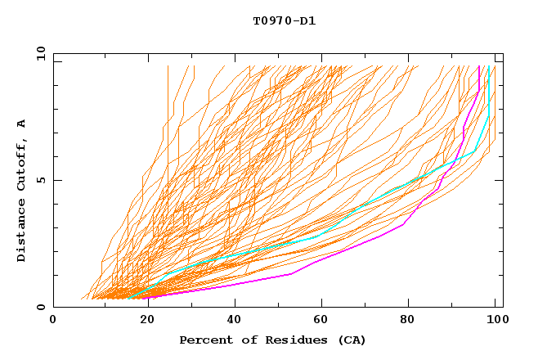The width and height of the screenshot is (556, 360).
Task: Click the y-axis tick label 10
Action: [x=40, y=53]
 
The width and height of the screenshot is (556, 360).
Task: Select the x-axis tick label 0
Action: [x=53, y=321]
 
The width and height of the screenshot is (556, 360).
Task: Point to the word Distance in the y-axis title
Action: [x=21, y=231]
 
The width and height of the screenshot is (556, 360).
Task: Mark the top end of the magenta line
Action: [x=479, y=66]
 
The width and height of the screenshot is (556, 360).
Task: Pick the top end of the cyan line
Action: [x=488, y=66]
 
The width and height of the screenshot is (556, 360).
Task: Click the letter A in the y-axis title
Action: [x=21, y=123]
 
